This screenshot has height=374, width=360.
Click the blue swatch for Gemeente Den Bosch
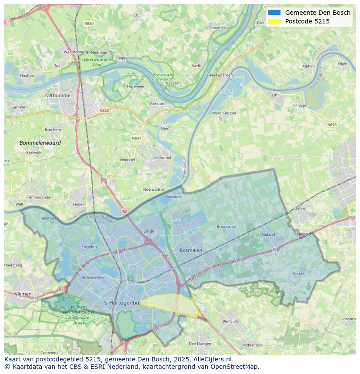pyautogui.click(x=274, y=13)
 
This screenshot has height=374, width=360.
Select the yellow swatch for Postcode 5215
pyautogui.click(x=274, y=21)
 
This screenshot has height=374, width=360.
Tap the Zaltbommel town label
pyautogui.click(x=58, y=95)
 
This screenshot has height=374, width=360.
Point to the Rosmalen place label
pyautogui.click(x=191, y=250)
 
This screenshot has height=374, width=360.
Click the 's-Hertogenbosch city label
pyautogui.click(x=126, y=303)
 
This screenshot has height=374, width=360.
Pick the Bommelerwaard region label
pyautogui.click(x=40, y=142)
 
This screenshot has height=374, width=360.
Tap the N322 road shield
pyautogui.click(x=104, y=110)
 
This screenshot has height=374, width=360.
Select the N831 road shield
pyautogui.click(x=136, y=138)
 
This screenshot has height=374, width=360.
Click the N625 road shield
pyautogui.click(x=332, y=125)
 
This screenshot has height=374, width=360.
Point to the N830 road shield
pyautogui.click(x=89, y=23)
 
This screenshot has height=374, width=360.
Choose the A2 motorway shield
pyautogui.click(x=125, y=211)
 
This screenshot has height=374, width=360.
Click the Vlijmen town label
pyautogui.click(x=23, y=294)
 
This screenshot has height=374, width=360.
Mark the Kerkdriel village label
pyautogui.click(x=163, y=158)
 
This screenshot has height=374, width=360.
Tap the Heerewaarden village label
pyautogui.click(x=220, y=75)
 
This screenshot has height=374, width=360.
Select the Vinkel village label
pyautogui.click(x=298, y=274)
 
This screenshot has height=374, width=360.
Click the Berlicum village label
pyautogui.click(x=230, y=321)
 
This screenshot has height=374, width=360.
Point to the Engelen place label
pyautogui.click(x=89, y=247)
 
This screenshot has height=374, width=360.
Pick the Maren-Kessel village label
pyautogui.click(x=224, y=113)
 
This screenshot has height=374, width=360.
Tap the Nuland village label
pyautogui.click(x=268, y=235)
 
